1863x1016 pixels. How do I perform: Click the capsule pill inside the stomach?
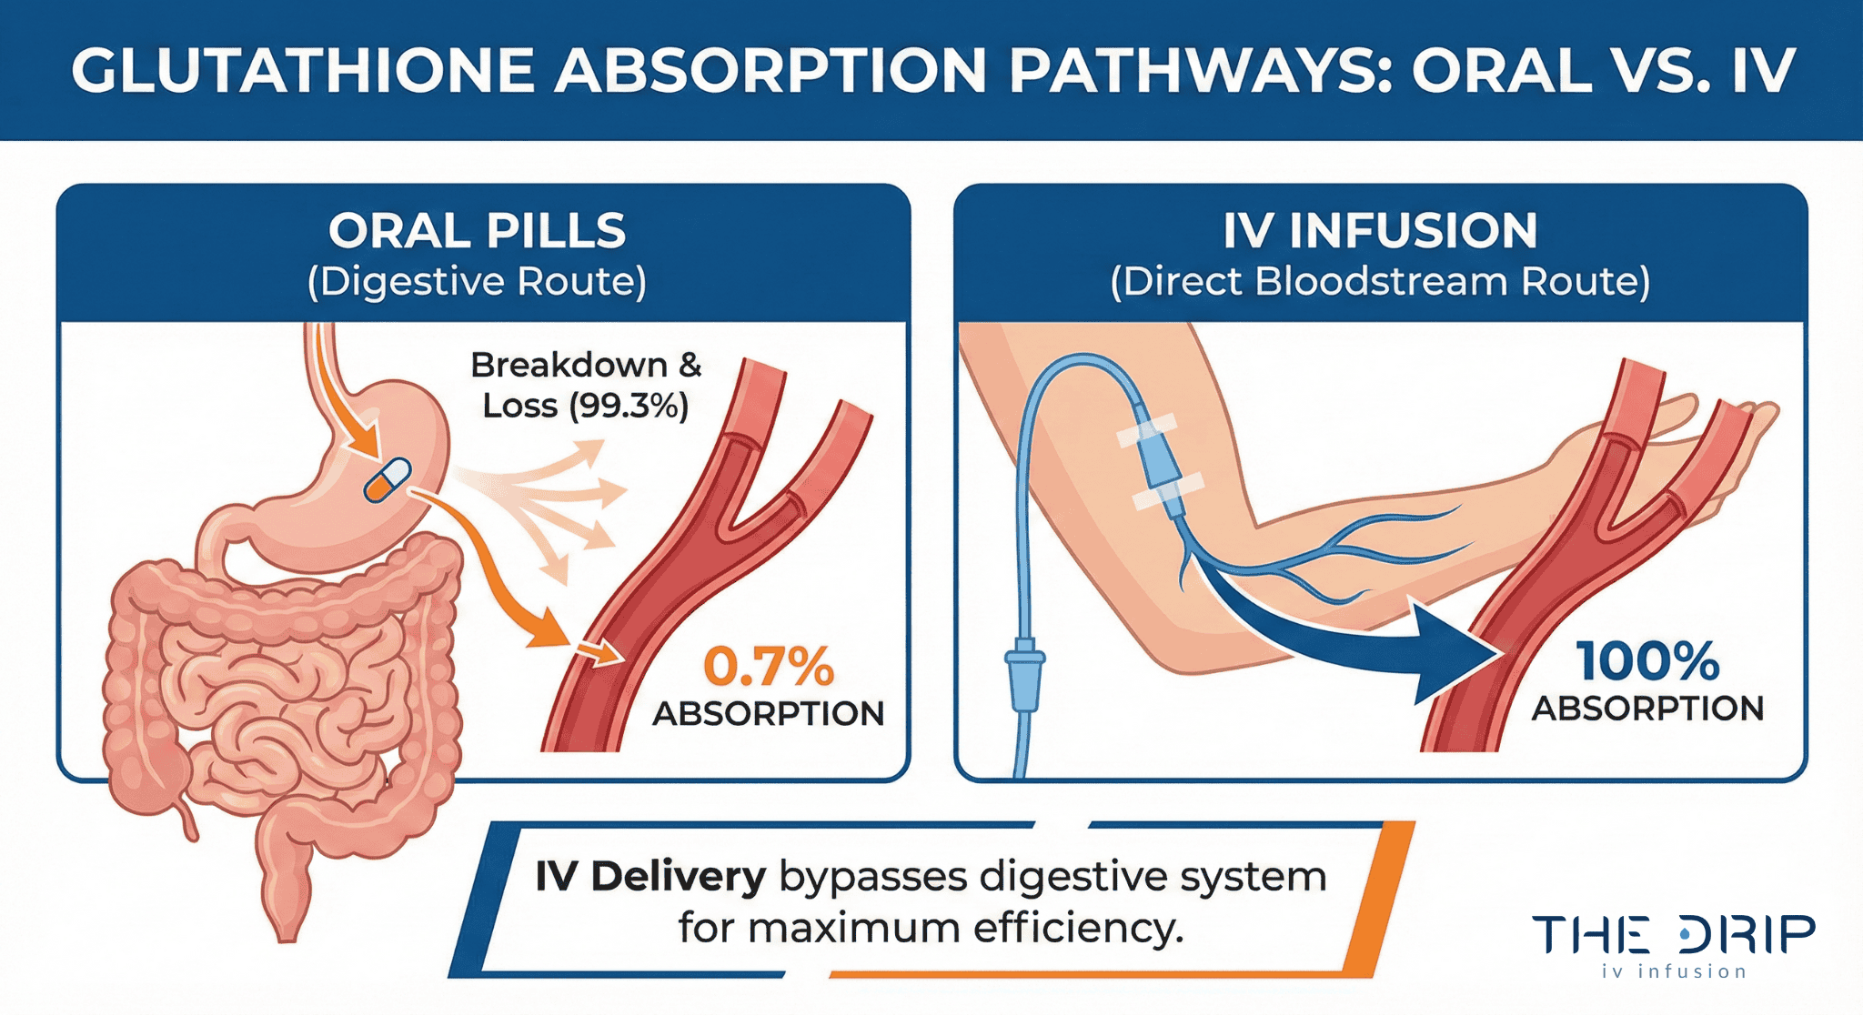[388, 480]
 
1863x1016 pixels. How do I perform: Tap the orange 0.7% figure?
[769, 667]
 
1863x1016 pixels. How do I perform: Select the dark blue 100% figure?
[1647, 661]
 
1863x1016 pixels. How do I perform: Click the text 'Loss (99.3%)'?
[585, 406]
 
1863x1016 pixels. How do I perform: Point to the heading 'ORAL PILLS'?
[478, 231]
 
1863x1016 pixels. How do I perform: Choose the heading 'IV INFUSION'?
[1380, 231]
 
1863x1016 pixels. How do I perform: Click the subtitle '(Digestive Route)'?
[478, 282]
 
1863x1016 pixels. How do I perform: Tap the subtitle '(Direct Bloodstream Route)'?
[1380, 282]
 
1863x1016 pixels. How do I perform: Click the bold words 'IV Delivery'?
[650, 877]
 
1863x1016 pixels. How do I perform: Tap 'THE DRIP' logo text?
[1674, 935]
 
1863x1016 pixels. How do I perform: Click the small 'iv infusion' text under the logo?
[1674, 972]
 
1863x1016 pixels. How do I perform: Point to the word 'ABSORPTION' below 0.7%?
[769, 714]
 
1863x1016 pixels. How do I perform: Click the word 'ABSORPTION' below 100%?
[1647, 709]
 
